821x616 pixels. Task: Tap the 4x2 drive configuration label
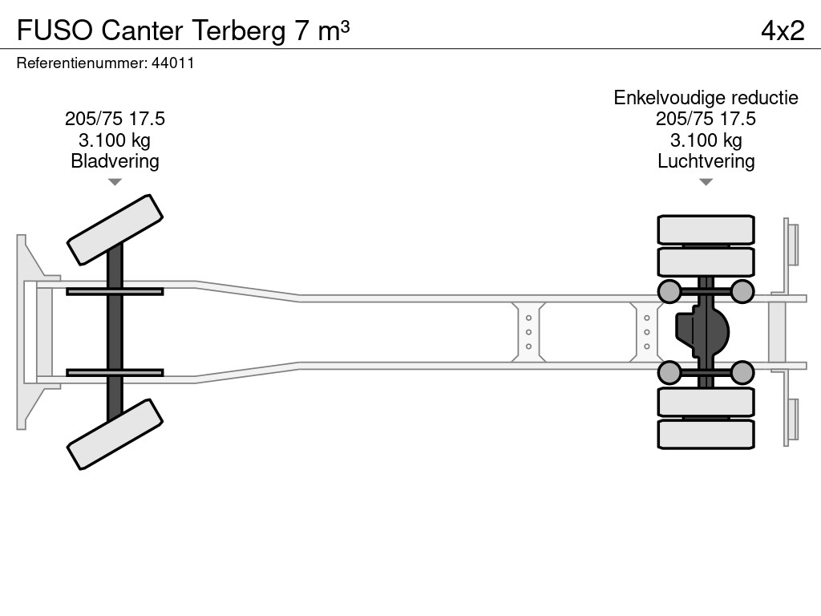pyautogui.click(x=782, y=30)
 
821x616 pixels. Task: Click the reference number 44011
pyautogui.click(x=172, y=63)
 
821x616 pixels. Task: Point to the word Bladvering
pyautogui.click(x=115, y=161)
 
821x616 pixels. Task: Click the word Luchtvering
pyautogui.click(x=706, y=161)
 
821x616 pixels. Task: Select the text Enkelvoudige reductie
pyautogui.click(x=706, y=98)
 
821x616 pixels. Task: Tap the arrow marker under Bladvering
pyautogui.click(x=115, y=182)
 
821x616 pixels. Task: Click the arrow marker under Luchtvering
pyautogui.click(x=706, y=182)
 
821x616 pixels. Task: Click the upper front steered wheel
pyautogui.click(x=115, y=229)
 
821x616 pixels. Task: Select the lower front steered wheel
pyautogui.click(x=115, y=434)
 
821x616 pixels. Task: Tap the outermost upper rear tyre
pyautogui.click(x=706, y=229)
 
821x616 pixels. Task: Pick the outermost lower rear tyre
pyautogui.click(x=706, y=434)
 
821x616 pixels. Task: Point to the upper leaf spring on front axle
pyautogui.click(x=115, y=291)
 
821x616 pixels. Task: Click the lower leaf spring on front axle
pyautogui.click(x=115, y=372)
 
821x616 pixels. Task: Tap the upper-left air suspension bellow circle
pyautogui.click(x=669, y=291)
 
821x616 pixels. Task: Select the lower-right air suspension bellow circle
pyautogui.click(x=742, y=372)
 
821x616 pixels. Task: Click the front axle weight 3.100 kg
pyautogui.click(x=115, y=140)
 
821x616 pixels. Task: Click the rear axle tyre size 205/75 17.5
pyautogui.click(x=706, y=119)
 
